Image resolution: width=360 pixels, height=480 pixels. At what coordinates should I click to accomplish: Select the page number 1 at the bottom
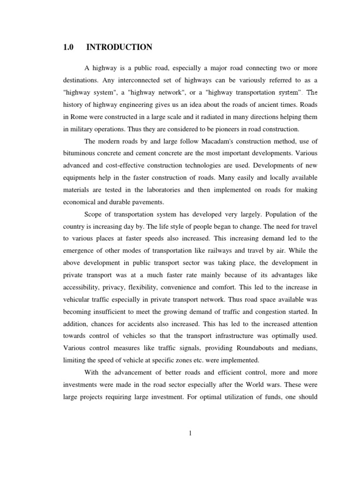click(191, 434)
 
